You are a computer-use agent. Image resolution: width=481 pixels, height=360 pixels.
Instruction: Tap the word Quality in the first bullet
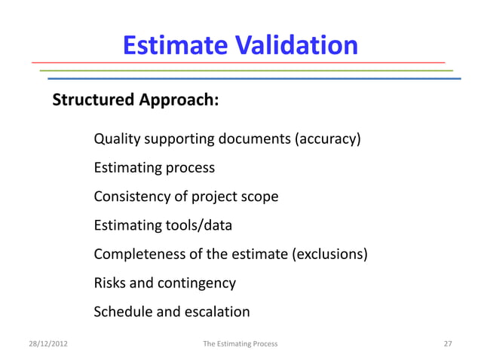pos(117,139)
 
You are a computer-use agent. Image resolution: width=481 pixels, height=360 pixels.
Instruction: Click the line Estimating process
pos(154,168)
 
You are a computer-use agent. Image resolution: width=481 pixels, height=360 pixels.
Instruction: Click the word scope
pos(260,197)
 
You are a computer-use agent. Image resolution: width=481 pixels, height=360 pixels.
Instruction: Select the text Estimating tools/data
pos(163,225)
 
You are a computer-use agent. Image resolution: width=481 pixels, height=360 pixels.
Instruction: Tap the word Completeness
pos(139,254)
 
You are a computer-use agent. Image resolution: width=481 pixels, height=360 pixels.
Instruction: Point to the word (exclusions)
pos(329,254)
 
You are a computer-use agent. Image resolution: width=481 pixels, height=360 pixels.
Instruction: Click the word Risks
pos(110,283)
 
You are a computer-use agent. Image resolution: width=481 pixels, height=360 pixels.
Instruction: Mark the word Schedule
pos(123,312)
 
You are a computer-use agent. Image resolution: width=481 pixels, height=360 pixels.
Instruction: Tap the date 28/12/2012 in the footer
pos(46,343)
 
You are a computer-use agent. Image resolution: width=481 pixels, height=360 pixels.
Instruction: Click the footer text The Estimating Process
pos(240,343)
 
